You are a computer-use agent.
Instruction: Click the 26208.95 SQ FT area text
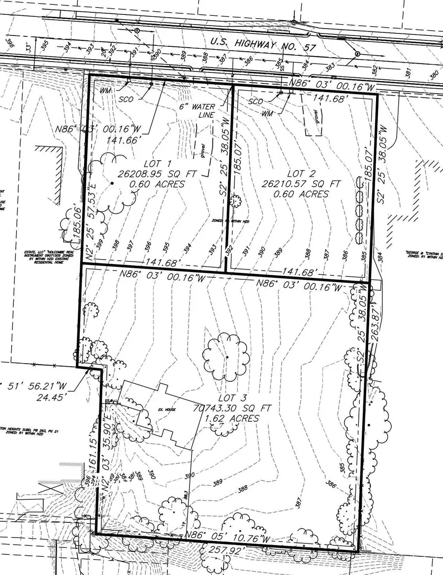(x=152, y=173)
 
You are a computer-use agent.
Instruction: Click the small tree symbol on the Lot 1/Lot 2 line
(x=235, y=201)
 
